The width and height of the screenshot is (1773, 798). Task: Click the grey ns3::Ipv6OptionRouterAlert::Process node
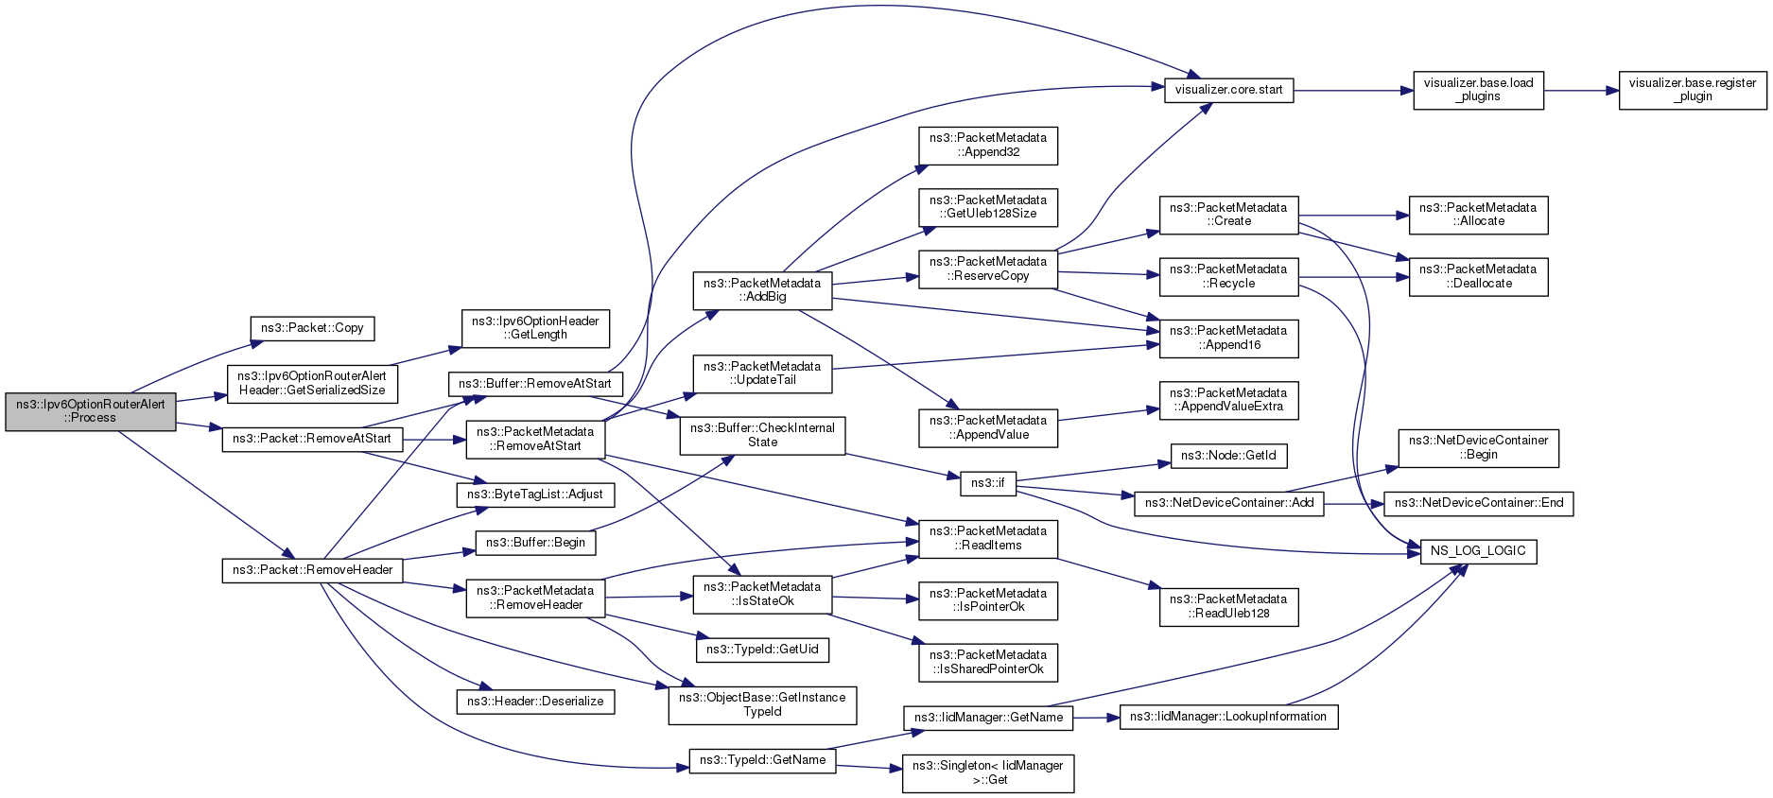[x=91, y=411]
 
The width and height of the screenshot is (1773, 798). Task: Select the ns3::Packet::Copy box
[x=312, y=328]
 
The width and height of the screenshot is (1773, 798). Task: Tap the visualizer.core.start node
[x=1228, y=91]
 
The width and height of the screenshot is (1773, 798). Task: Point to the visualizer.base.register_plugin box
[x=1693, y=90]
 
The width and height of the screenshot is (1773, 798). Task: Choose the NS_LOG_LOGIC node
[x=1478, y=551]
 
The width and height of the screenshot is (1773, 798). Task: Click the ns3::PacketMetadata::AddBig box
[x=762, y=290]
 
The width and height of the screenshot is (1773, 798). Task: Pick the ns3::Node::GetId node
[x=1228, y=456]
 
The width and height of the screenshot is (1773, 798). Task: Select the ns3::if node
[x=987, y=483]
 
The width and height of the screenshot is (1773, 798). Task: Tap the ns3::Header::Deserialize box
[x=535, y=702]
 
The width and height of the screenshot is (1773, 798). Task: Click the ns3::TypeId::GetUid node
[x=762, y=650]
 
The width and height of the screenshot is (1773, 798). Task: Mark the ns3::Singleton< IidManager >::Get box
[x=988, y=773]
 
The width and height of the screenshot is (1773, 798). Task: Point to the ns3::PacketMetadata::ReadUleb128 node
[x=1228, y=606]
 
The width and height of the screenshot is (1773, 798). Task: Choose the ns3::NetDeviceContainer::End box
[x=1479, y=503]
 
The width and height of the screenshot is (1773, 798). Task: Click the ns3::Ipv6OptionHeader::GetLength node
[x=535, y=328]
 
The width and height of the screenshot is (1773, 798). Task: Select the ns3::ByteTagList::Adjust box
[x=535, y=494]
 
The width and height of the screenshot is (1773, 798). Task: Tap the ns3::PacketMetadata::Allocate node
[x=1478, y=215]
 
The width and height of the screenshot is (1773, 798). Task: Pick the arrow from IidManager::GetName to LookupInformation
[x=1097, y=718]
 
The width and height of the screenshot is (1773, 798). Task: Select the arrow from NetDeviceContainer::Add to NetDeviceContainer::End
[x=1354, y=503]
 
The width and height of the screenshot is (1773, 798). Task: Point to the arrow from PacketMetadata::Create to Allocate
[x=1353, y=216]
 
